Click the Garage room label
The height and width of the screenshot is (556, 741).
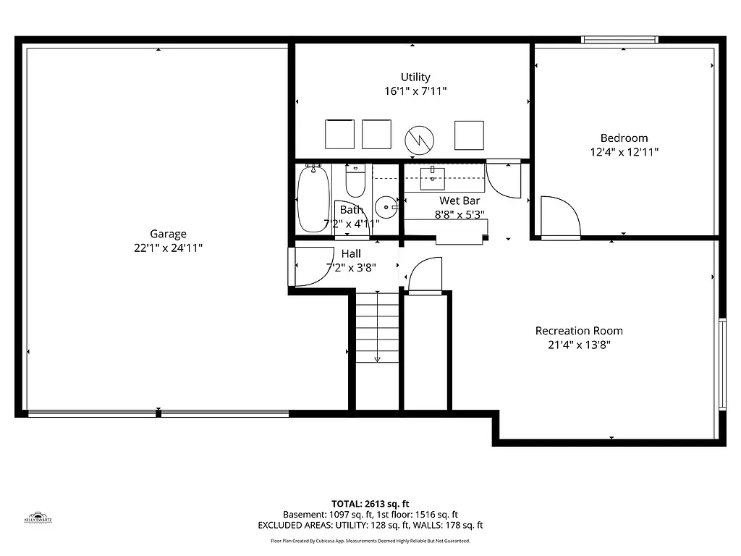[168, 234]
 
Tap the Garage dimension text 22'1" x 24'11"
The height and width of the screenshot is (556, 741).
[168, 248]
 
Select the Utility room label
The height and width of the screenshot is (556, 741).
[415, 77]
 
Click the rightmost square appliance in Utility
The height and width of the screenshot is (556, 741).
[468, 135]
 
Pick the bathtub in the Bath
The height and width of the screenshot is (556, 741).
[313, 196]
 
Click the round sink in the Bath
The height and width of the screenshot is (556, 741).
[387, 207]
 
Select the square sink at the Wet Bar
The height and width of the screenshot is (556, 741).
[433, 177]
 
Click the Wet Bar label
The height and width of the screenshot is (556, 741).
[460, 201]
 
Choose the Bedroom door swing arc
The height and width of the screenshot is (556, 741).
[561, 216]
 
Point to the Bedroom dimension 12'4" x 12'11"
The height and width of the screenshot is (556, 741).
[624, 153]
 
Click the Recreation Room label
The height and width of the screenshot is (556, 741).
[579, 331]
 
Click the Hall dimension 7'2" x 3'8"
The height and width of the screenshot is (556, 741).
[351, 268]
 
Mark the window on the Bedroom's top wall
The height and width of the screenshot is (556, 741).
[620, 40]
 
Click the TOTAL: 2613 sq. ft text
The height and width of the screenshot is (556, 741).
[370, 504]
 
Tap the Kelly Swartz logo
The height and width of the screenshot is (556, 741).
[38, 517]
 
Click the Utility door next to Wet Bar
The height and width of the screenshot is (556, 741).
[502, 179]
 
